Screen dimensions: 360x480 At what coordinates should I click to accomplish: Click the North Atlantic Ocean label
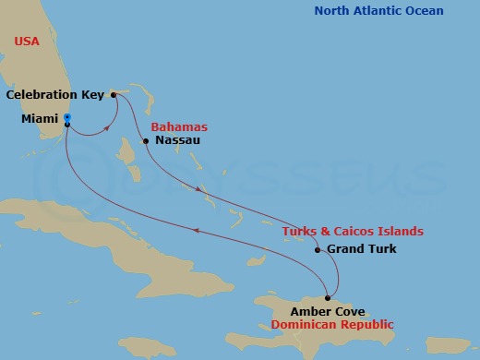pos(378,11)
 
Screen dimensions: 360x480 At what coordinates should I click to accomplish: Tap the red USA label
pos(28,42)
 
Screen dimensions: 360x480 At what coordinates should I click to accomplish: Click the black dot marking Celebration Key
pos(113,94)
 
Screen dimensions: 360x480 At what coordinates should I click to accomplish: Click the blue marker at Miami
pos(67,117)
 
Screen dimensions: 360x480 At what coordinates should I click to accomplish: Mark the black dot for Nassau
pos(146,141)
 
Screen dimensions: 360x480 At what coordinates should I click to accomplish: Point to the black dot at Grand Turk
pos(318,250)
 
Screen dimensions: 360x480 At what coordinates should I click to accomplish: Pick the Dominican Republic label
pos(332,325)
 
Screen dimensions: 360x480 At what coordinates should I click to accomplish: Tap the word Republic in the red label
pos(366,325)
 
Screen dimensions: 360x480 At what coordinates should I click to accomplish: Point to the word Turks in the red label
pos(297,231)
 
